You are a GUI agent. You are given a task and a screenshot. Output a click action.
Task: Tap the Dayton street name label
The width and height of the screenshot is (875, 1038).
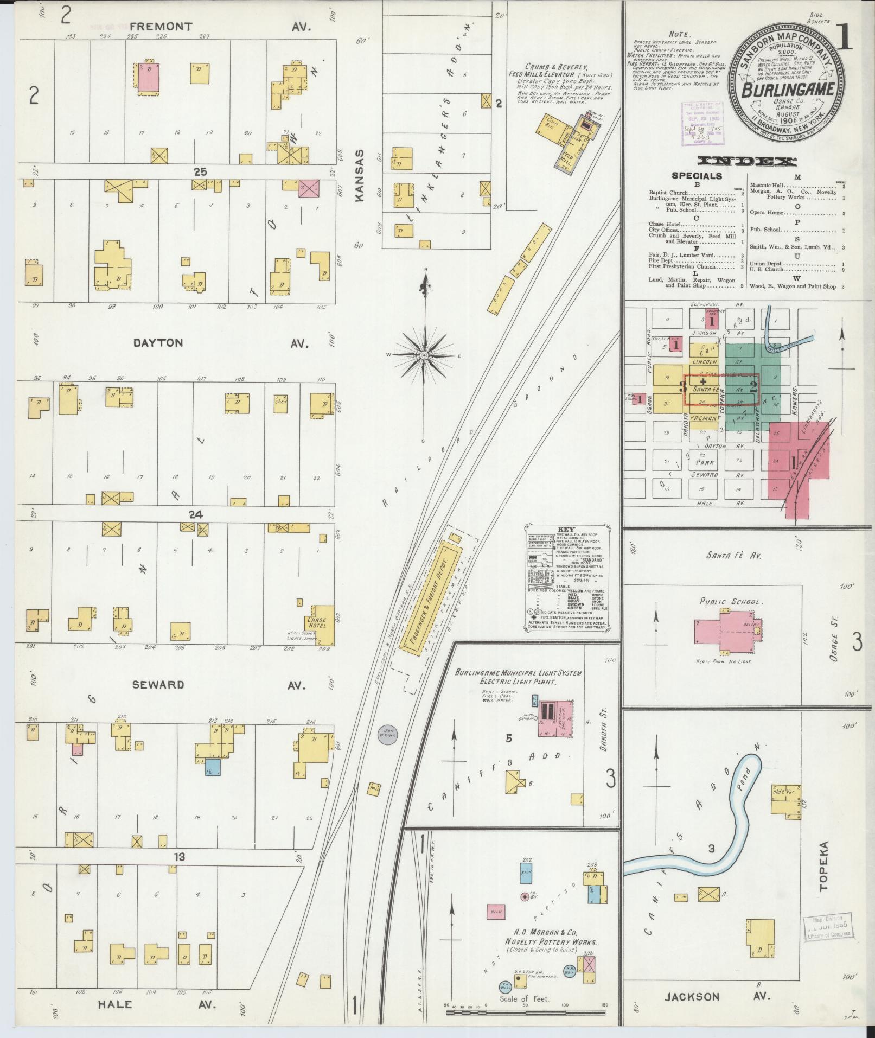(x=157, y=343)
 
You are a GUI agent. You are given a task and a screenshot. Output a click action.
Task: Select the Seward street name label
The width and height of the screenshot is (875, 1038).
(x=158, y=685)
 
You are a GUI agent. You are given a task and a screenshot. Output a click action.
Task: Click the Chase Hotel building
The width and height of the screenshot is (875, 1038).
(x=321, y=624)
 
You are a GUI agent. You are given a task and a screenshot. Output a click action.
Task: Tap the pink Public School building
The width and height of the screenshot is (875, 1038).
(x=727, y=630)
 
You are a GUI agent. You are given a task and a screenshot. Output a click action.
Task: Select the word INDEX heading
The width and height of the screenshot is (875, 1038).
(x=746, y=161)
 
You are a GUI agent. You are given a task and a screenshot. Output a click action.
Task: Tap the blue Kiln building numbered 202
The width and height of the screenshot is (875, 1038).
(x=526, y=875)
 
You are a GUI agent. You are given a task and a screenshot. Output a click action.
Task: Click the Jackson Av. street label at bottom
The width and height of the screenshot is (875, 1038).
(x=692, y=996)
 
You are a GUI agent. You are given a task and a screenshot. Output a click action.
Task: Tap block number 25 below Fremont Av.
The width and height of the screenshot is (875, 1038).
(x=200, y=171)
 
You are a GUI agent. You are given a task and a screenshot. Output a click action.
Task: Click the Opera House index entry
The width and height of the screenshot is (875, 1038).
(x=769, y=213)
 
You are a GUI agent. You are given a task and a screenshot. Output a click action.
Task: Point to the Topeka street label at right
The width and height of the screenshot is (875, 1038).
(x=824, y=874)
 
